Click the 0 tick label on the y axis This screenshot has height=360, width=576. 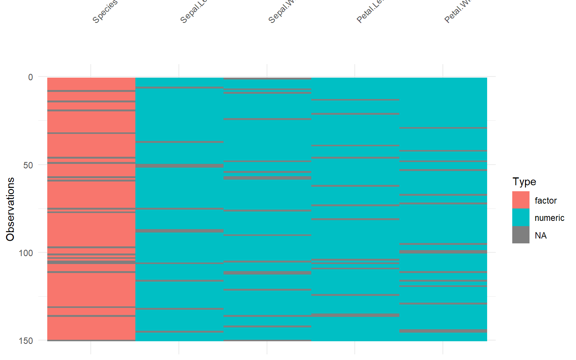(30, 77)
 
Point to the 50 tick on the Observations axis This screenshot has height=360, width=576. (28, 165)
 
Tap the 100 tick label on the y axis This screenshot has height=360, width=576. (26, 253)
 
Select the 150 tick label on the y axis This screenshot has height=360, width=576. (26, 340)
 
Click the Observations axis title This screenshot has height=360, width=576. (10, 209)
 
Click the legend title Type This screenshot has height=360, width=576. (524, 182)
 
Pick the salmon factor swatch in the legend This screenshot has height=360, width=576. (521, 200)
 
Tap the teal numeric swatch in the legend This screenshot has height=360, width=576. (521, 217)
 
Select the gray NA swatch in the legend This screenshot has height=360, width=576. (521, 235)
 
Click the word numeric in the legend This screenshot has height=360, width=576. (549, 218)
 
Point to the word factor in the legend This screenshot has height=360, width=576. (546, 201)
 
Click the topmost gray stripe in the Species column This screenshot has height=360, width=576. (91, 91)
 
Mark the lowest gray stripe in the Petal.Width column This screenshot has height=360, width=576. (443, 331)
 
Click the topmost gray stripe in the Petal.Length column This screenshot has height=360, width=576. (355, 100)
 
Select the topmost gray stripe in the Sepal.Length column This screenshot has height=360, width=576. (179, 88)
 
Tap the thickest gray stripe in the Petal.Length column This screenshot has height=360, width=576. (355, 315)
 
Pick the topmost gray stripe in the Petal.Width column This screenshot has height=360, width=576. (443, 128)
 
